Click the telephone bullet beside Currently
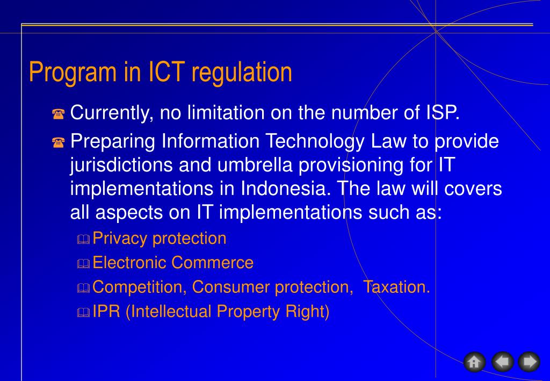click(59, 114)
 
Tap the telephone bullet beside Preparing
click(59, 142)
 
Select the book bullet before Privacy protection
click(83, 240)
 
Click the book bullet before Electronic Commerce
click(83, 264)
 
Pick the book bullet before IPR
click(83, 313)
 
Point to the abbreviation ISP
click(443, 113)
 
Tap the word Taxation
click(396, 287)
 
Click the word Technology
click(324, 142)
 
